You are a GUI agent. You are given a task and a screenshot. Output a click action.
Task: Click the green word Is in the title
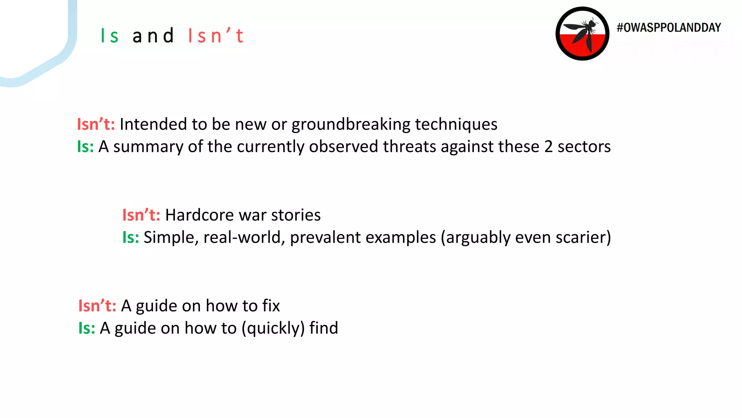click(x=109, y=36)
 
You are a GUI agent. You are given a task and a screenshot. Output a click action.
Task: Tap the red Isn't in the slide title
click(x=216, y=36)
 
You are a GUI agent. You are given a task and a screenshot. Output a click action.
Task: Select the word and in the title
click(x=153, y=36)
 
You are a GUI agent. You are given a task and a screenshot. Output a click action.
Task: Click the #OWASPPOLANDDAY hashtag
click(x=669, y=28)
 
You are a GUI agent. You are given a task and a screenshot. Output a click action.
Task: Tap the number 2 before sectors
click(x=549, y=147)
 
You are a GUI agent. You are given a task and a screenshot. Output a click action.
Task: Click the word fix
click(x=271, y=306)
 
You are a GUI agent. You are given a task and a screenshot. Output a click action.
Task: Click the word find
click(x=324, y=328)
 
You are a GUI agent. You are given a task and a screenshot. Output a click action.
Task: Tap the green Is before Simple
click(x=130, y=238)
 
